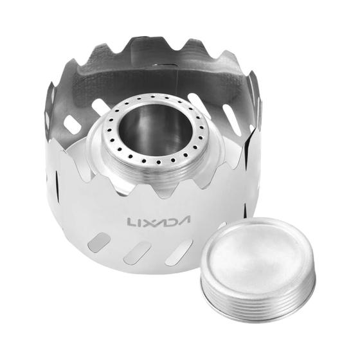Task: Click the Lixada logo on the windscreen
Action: (x=159, y=221)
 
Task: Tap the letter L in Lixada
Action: (x=132, y=221)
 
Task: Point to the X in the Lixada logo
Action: (x=148, y=221)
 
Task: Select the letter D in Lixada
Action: (x=172, y=221)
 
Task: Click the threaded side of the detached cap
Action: (x=257, y=296)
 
